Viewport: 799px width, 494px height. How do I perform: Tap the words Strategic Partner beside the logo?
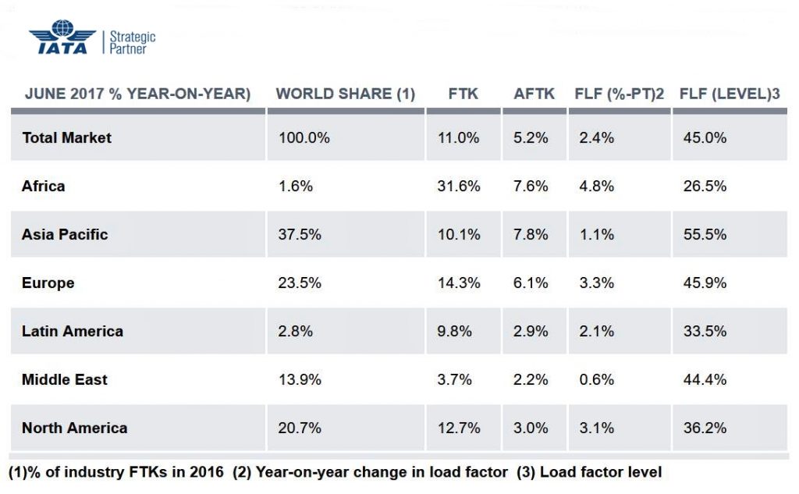click(132, 42)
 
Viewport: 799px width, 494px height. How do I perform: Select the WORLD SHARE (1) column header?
click(345, 94)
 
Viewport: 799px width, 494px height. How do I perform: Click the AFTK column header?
click(534, 94)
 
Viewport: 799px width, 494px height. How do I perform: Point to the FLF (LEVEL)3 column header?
click(730, 94)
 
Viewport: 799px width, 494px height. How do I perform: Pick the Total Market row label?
click(66, 138)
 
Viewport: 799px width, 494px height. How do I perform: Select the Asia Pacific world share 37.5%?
click(300, 235)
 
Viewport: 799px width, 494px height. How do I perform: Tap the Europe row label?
click(48, 283)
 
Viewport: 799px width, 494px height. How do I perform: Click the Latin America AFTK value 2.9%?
click(531, 332)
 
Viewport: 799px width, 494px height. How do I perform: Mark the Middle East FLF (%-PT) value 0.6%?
click(597, 380)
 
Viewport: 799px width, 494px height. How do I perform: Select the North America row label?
click(74, 428)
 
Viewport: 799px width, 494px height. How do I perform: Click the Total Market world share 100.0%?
click(304, 138)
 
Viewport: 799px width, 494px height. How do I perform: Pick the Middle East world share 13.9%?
click(300, 380)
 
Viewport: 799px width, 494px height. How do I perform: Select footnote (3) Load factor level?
click(590, 473)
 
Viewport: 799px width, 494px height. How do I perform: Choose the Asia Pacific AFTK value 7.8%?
click(531, 235)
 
